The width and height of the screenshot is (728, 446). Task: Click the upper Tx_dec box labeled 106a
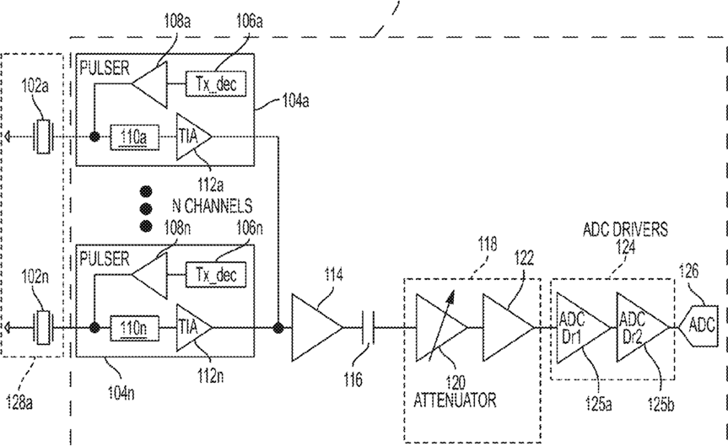click(x=216, y=83)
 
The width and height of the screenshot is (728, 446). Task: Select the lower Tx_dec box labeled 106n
click(x=216, y=274)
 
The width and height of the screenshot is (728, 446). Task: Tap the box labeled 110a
click(x=135, y=137)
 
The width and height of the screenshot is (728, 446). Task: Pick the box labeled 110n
click(x=135, y=328)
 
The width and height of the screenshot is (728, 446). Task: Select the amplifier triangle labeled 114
click(x=316, y=327)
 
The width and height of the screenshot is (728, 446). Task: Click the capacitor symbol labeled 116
click(x=367, y=328)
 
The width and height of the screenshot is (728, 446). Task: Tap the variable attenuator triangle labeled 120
click(x=441, y=327)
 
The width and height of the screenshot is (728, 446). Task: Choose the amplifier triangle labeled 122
click(x=508, y=327)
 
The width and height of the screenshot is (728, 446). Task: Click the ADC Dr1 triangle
click(x=583, y=328)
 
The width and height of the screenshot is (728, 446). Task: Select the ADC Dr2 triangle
click(x=642, y=328)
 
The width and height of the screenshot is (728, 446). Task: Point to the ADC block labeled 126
click(x=698, y=327)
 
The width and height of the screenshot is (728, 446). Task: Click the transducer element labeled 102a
click(x=43, y=137)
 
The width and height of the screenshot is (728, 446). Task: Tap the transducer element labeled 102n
click(x=43, y=328)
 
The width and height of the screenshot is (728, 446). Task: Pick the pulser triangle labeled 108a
click(x=149, y=84)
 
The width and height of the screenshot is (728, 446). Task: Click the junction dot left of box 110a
click(x=94, y=137)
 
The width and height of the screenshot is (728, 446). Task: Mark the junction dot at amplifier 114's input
click(x=278, y=328)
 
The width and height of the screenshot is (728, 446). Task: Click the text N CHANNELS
click(x=213, y=206)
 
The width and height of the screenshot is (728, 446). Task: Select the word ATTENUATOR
click(x=455, y=400)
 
